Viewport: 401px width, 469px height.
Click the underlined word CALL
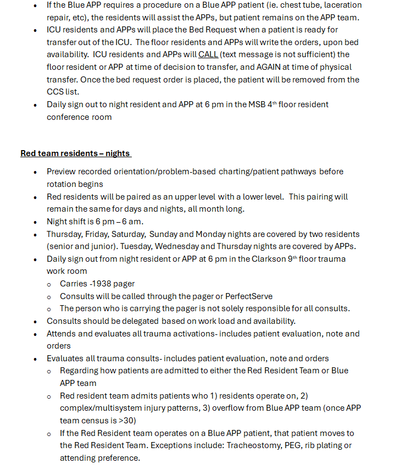[208, 54]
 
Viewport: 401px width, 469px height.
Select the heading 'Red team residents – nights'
[76, 153]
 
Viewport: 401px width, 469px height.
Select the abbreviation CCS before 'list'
[56, 92]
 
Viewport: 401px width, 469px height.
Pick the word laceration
[338, 5]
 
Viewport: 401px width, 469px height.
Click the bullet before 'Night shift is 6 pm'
[36, 222]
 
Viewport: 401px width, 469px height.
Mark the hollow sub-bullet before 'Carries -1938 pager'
[49, 284]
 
